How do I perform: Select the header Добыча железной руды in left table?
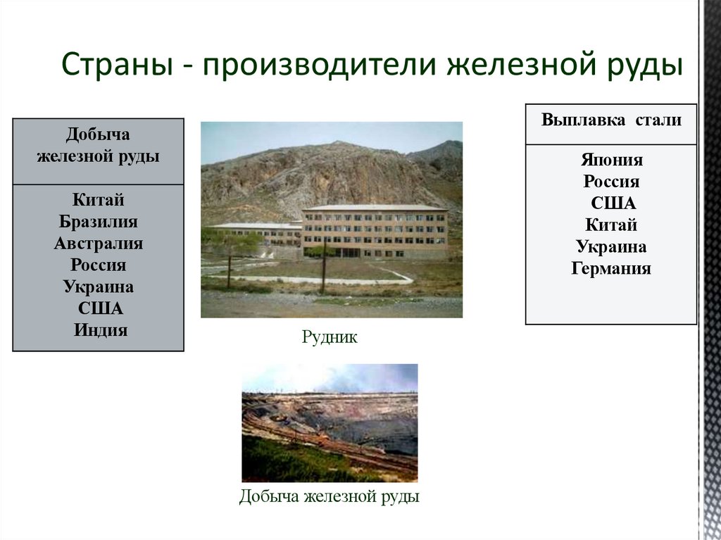(x=98, y=146)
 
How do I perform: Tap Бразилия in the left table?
(x=98, y=222)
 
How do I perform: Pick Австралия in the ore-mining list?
(x=98, y=244)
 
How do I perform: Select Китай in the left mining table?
(x=98, y=201)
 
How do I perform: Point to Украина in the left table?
(x=98, y=287)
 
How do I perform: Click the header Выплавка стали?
(x=610, y=120)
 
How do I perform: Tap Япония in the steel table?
(x=611, y=160)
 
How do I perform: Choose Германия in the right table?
(x=611, y=268)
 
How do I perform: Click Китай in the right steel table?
(x=611, y=225)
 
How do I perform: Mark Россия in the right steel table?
(x=611, y=182)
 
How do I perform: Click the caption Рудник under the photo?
(x=330, y=338)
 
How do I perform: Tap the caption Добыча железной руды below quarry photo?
(x=329, y=497)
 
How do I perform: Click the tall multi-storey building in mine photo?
(x=374, y=232)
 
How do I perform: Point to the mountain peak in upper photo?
(x=338, y=146)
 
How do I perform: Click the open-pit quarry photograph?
(x=330, y=422)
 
